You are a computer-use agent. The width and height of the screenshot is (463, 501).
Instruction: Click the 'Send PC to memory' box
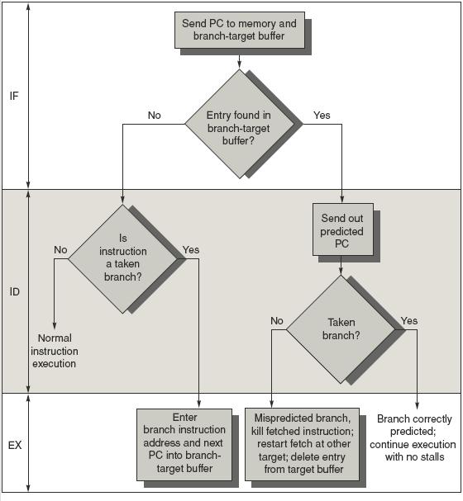pos(240,30)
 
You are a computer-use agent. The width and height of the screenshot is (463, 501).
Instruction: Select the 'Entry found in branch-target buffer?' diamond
pos(239,124)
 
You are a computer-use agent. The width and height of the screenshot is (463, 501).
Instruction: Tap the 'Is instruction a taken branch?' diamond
pos(123,259)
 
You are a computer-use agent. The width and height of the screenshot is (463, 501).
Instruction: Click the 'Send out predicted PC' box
pos(343,229)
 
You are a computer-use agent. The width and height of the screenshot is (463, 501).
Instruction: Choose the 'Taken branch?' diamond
pos(341,329)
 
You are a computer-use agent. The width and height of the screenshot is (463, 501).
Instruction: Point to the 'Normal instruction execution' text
pos(55,351)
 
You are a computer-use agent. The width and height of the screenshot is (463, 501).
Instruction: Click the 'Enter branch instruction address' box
pos(184,444)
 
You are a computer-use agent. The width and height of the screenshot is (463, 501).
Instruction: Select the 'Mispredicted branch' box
pos(302,444)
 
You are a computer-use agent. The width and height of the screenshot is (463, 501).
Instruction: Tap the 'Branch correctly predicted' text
pos(413,437)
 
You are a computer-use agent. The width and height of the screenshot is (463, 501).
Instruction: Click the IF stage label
pos(14,96)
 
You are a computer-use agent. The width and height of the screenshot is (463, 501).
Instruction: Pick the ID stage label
pos(14,291)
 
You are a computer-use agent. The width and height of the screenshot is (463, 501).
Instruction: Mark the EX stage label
pos(15,445)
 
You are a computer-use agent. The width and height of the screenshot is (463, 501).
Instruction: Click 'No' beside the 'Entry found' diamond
pos(155,115)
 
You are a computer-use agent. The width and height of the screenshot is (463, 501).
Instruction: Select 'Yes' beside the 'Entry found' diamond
pos(322,115)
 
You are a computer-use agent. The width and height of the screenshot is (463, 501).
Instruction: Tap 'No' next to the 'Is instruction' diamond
pos(60,249)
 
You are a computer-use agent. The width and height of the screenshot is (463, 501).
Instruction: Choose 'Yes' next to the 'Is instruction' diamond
pos(191,249)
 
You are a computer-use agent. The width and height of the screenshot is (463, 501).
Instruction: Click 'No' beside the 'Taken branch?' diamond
pos(277,321)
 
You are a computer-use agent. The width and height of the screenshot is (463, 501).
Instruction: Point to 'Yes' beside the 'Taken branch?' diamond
pos(409,321)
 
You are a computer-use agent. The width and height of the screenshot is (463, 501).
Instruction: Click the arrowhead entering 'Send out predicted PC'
pos(341,199)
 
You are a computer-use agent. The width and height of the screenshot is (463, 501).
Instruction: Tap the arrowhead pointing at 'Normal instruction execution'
pos(55,325)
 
